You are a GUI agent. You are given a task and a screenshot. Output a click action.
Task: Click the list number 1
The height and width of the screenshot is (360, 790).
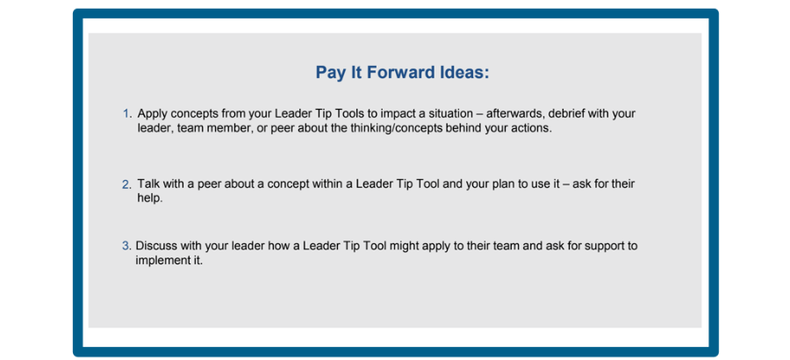point(126,113)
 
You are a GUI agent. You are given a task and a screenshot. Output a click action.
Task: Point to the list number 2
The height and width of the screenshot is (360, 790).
point(126,184)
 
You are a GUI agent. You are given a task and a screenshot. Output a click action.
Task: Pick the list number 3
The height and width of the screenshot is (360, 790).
point(126,247)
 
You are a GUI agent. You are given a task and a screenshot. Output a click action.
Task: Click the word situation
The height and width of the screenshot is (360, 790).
point(450,113)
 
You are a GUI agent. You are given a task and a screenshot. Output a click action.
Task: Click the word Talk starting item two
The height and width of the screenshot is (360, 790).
point(147,184)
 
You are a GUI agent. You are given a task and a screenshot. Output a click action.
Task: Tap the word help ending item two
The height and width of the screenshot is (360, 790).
point(150,198)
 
